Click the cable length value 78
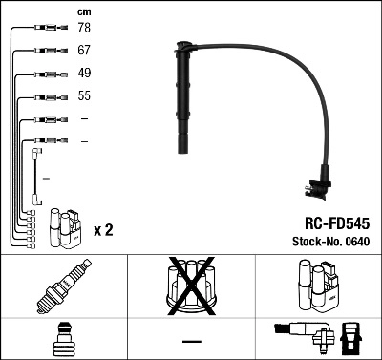(x=85, y=30)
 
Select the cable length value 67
(x=85, y=52)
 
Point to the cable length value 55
(x=85, y=97)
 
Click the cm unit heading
(x=84, y=11)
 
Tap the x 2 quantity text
(x=104, y=230)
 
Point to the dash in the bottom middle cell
(x=191, y=341)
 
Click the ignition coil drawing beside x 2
(x=64, y=227)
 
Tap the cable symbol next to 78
(x=47, y=30)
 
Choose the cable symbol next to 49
(x=47, y=74)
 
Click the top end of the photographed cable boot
(x=181, y=44)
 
